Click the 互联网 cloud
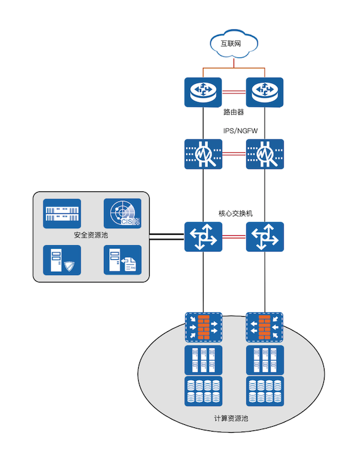(233, 43)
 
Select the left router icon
(203, 92)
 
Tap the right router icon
(265, 92)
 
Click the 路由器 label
(233, 112)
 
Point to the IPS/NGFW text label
(240, 131)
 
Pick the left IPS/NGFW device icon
(204, 154)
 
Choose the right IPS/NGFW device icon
(265, 154)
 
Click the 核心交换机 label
(235, 213)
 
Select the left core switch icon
(204, 237)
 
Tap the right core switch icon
(265, 237)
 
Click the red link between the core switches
(234, 237)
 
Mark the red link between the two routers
(234, 92)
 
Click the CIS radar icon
(122, 213)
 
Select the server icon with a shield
(62, 260)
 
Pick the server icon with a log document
(122, 260)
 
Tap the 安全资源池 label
(91, 235)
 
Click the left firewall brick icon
(204, 327)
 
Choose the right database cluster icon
(265, 391)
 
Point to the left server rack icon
(204, 360)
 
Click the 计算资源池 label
(231, 418)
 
